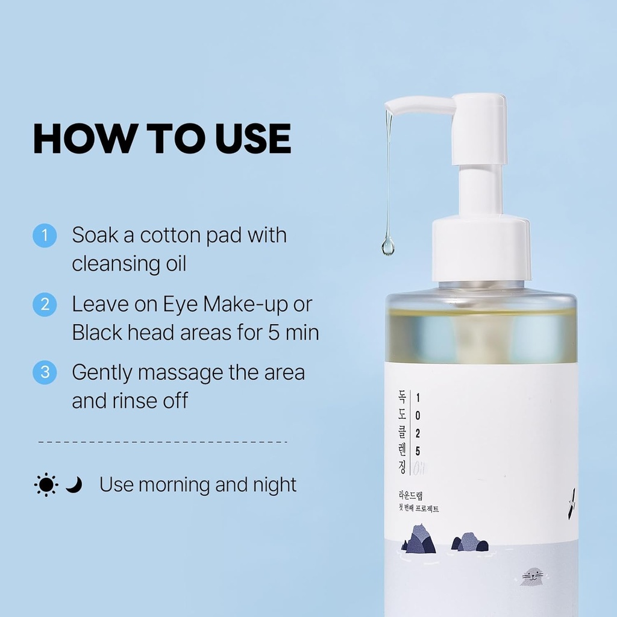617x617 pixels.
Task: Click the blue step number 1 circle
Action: pyautogui.click(x=44, y=236)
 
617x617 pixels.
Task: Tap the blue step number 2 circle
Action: pyautogui.click(x=44, y=304)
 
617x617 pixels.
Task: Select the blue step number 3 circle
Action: pyautogui.click(x=44, y=372)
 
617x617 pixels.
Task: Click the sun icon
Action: pyautogui.click(x=46, y=484)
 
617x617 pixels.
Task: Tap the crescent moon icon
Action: pyautogui.click(x=74, y=484)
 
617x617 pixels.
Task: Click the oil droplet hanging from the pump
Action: pyautogui.click(x=387, y=245)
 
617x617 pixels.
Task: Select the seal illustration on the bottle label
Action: pyautogui.click(x=532, y=577)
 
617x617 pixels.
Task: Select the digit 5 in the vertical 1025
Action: pyautogui.click(x=418, y=451)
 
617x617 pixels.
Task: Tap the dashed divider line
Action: pyautogui.click(x=163, y=442)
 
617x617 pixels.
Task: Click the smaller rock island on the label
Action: pyautogui.click(x=470, y=542)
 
